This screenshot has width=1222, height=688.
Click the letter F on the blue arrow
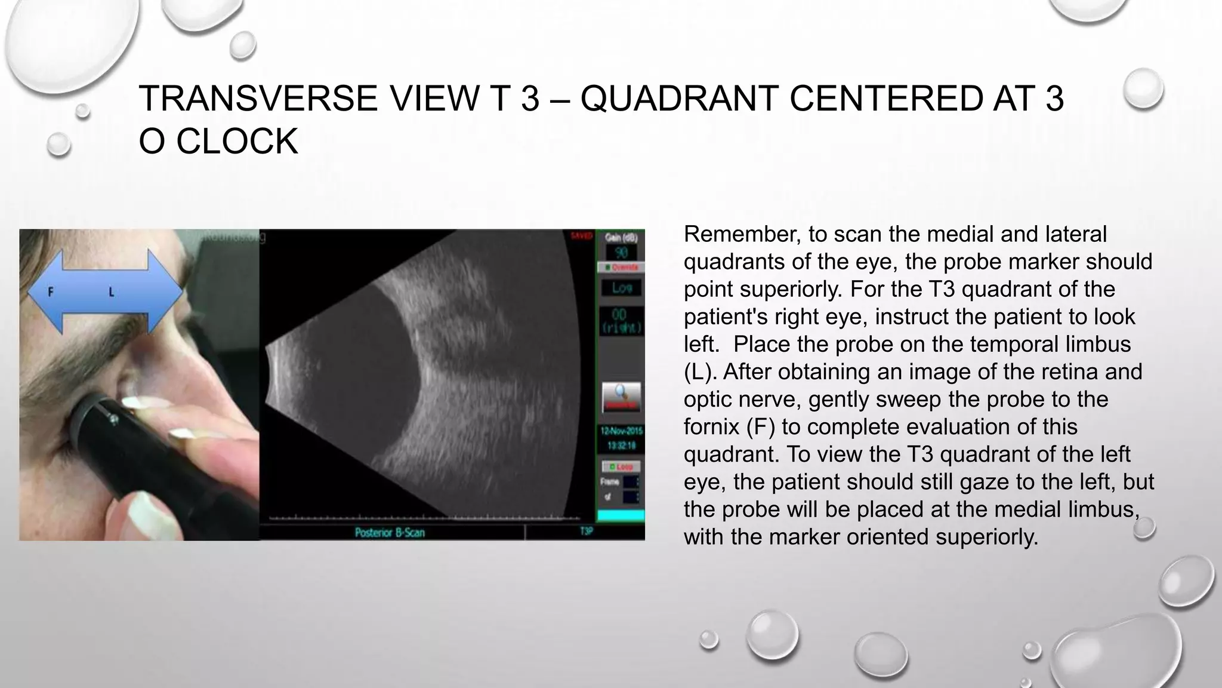click(51, 293)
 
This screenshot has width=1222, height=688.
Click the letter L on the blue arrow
click(112, 293)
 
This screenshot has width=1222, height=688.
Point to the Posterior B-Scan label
click(389, 532)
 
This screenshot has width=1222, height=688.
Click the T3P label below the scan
click(586, 531)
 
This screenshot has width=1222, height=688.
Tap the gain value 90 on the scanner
click(621, 253)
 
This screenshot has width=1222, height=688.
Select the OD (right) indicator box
click(621, 321)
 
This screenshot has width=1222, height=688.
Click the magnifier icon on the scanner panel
click(621, 396)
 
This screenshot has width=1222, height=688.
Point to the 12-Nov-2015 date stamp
click(621, 431)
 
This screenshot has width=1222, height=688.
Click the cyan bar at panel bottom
click(621, 515)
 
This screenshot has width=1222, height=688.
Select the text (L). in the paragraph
click(701, 372)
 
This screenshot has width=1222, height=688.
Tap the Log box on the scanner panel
click(621, 288)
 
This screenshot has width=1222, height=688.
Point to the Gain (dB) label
click(621, 237)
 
